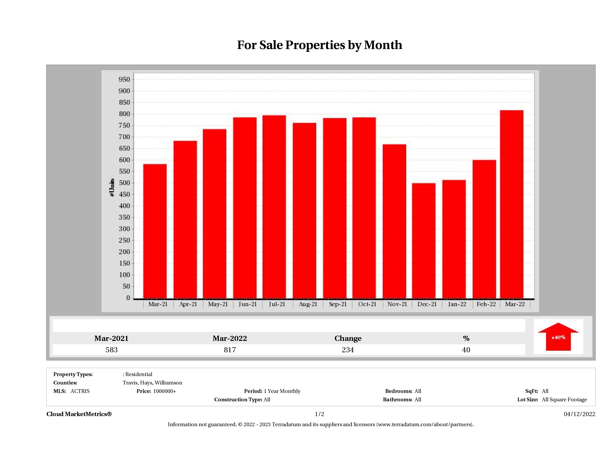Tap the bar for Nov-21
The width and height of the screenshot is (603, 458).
coord(394,221)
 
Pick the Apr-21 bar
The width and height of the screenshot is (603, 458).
coord(185,219)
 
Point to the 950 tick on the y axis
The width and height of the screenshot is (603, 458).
coord(124,80)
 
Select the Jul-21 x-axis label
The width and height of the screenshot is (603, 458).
coord(277,304)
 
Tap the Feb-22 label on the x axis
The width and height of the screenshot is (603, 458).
coord(486,304)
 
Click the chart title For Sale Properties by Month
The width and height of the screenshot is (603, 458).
coord(320,45)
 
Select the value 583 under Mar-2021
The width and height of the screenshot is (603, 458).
coord(112,350)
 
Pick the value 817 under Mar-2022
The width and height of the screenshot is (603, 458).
coord(230,350)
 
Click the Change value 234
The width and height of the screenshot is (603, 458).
coord(348,350)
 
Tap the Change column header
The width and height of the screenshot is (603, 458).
coord(348,338)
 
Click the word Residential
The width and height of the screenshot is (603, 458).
coord(139,374)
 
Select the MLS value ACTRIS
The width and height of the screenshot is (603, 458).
coord(80,391)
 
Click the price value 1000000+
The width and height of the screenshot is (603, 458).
coord(164,391)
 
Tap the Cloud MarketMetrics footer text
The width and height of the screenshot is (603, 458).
coord(79,414)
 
